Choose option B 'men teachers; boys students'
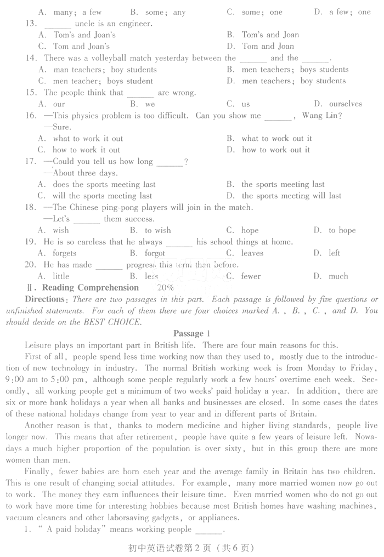(x=295, y=70)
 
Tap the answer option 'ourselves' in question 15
(x=345, y=104)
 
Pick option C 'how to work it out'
(x=86, y=150)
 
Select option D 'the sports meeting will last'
(x=291, y=196)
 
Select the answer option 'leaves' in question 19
(x=252, y=253)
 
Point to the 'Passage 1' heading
(x=192, y=333)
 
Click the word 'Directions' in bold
(x=44, y=299)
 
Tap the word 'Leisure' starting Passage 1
(x=38, y=345)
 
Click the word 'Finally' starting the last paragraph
(x=39, y=471)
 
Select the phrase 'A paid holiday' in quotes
(x=70, y=530)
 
